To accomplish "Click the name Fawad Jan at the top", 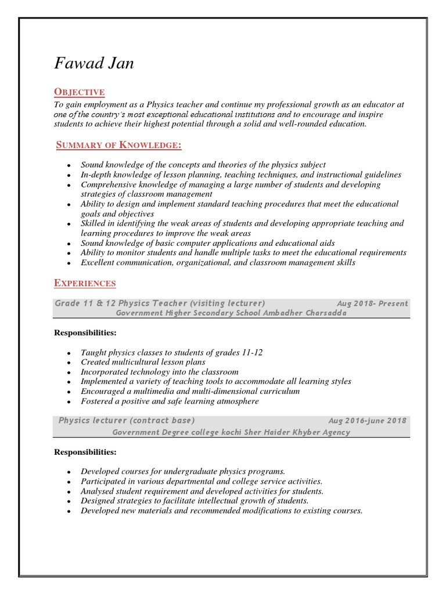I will (x=93, y=63).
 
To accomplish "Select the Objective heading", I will (x=79, y=92).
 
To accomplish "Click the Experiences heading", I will (x=85, y=283).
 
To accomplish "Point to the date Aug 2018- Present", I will (x=372, y=303).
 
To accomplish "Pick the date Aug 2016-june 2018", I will (x=368, y=421).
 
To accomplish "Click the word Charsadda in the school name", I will (x=324, y=313).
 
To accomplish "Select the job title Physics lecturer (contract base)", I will (x=127, y=421).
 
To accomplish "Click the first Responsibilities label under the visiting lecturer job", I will (x=85, y=332).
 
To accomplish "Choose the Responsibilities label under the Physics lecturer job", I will (x=85, y=452).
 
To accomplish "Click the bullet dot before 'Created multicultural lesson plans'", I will (x=69, y=363).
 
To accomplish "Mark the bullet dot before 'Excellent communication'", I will (x=69, y=263).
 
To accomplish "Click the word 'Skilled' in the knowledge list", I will (x=93, y=223).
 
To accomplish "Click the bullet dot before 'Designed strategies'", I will (x=69, y=502).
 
